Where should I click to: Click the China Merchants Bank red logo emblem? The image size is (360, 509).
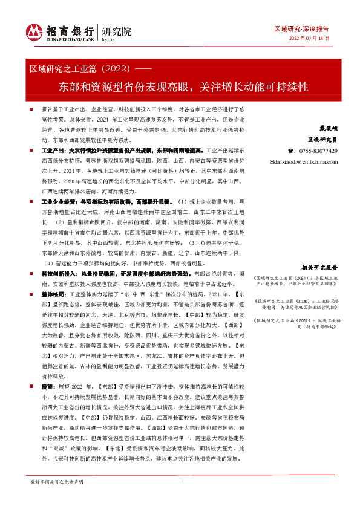point(33,31)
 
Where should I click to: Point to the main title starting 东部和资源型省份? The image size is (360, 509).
point(180,85)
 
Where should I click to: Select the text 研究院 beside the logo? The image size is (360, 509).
point(111,31)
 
